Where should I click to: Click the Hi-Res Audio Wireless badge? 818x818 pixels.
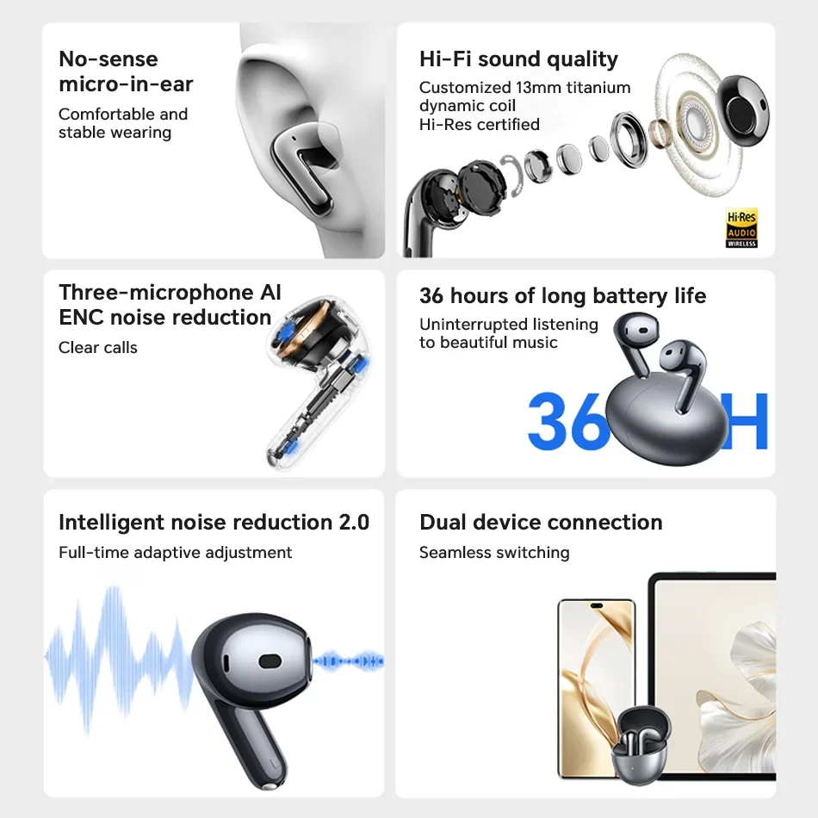741,228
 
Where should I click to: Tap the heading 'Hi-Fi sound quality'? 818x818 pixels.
518,59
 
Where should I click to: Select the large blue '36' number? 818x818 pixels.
568,420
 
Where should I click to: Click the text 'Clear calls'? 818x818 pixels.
98,348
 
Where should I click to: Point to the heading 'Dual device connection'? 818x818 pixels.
541,522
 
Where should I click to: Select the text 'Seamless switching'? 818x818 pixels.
494,553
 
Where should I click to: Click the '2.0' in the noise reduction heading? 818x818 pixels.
354,522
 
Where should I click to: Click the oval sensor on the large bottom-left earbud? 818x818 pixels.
270,661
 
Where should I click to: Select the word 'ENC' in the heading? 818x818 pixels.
82,317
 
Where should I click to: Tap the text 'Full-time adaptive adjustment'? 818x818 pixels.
176,553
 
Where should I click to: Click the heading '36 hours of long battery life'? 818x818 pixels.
562,296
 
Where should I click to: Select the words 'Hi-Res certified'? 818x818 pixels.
480,125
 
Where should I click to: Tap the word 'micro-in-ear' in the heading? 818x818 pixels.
126,84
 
